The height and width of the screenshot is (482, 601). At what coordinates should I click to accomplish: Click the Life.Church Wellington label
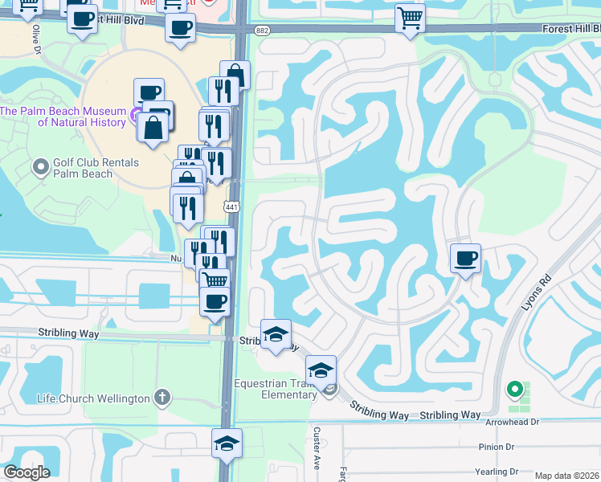[x=94, y=398]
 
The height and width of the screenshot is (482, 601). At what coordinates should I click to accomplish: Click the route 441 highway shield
[x=231, y=207]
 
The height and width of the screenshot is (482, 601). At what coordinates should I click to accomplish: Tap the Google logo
[x=27, y=472]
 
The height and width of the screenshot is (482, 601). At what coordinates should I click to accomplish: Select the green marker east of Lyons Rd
[x=514, y=390]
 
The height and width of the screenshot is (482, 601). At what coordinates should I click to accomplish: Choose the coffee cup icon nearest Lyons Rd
[x=465, y=259]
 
